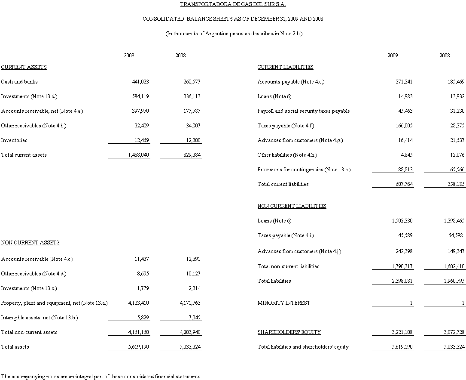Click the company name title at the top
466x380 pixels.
tap(233, 4)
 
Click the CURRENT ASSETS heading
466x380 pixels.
tap(24, 67)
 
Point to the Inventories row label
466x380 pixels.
tap(14, 140)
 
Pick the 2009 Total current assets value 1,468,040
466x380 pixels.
tap(139, 155)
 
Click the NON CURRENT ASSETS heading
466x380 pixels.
tap(30, 243)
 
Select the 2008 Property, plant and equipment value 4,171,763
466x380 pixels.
tap(190, 303)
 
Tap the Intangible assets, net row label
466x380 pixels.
tap(40, 318)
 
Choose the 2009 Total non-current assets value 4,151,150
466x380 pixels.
tap(139, 332)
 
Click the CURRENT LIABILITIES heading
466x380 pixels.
tap(285, 67)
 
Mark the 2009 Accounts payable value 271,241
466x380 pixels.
tap(404, 82)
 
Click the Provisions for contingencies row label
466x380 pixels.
tap(304, 170)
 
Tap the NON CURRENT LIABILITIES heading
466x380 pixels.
tap(292, 206)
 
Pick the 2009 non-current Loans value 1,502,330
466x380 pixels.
tap(402, 221)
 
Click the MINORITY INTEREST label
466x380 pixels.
tap(283, 303)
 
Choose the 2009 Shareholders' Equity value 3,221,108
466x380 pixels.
tap(402, 332)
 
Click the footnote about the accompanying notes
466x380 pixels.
tap(101, 377)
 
